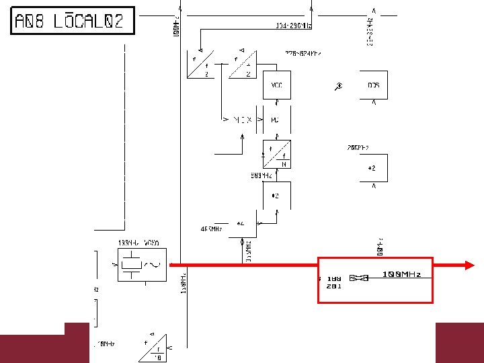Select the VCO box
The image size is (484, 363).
click(276, 85)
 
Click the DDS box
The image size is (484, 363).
click(373, 85)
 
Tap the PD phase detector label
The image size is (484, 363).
click(275, 120)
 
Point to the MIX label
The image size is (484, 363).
click(242, 120)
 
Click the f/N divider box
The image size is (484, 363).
click(276, 154)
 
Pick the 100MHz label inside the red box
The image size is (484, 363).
click(402, 274)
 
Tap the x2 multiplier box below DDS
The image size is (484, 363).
click(373, 167)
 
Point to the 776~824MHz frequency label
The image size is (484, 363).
click(302, 52)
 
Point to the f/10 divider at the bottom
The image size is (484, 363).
click(153, 347)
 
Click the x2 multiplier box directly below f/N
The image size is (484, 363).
click(276, 196)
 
